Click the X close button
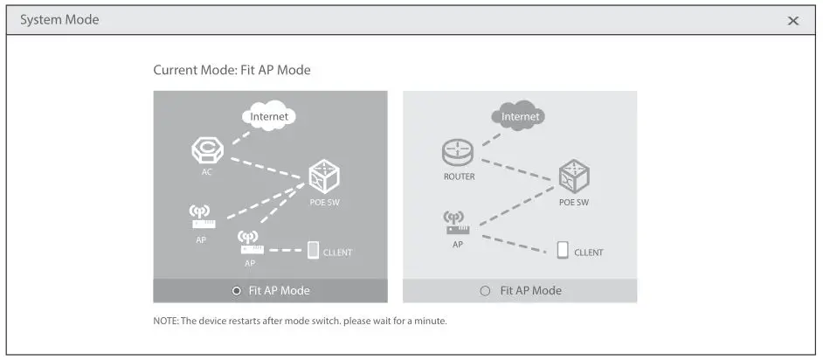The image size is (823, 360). click(793, 21)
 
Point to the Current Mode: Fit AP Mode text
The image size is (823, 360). click(232, 70)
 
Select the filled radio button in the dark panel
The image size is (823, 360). click(236, 291)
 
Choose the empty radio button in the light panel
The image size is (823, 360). click(486, 291)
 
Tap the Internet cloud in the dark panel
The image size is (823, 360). click(269, 116)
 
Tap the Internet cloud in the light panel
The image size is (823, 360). click(520, 115)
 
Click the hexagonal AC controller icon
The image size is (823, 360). click(207, 149)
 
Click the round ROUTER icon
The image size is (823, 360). click(458, 154)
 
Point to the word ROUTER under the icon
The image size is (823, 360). click(459, 177)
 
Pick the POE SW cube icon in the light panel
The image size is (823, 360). click(573, 177)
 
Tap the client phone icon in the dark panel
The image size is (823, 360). click(313, 251)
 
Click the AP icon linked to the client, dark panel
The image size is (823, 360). click(249, 242)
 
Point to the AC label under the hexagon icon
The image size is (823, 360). click(207, 172)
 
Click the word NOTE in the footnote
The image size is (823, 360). click(165, 322)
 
